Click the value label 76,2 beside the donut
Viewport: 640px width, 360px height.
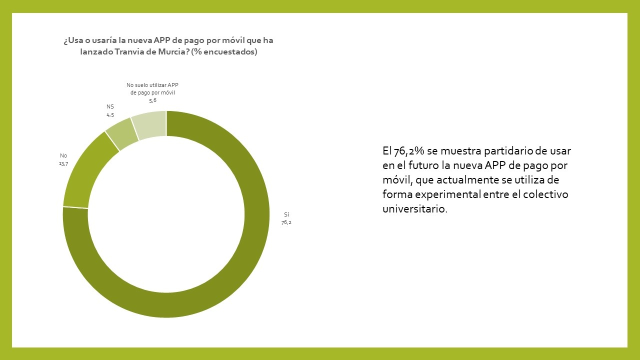(286, 222)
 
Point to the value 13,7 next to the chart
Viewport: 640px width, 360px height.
(63, 163)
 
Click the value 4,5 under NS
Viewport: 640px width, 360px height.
(110, 115)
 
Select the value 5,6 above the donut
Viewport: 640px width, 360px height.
(152, 100)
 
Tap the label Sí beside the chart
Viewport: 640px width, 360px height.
(286, 214)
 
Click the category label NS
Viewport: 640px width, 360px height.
(110, 106)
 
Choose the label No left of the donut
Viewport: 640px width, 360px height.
(63, 155)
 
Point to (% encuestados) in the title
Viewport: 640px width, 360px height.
(224, 51)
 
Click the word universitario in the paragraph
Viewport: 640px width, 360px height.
(414, 209)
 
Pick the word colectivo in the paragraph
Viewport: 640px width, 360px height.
(545, 194)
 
